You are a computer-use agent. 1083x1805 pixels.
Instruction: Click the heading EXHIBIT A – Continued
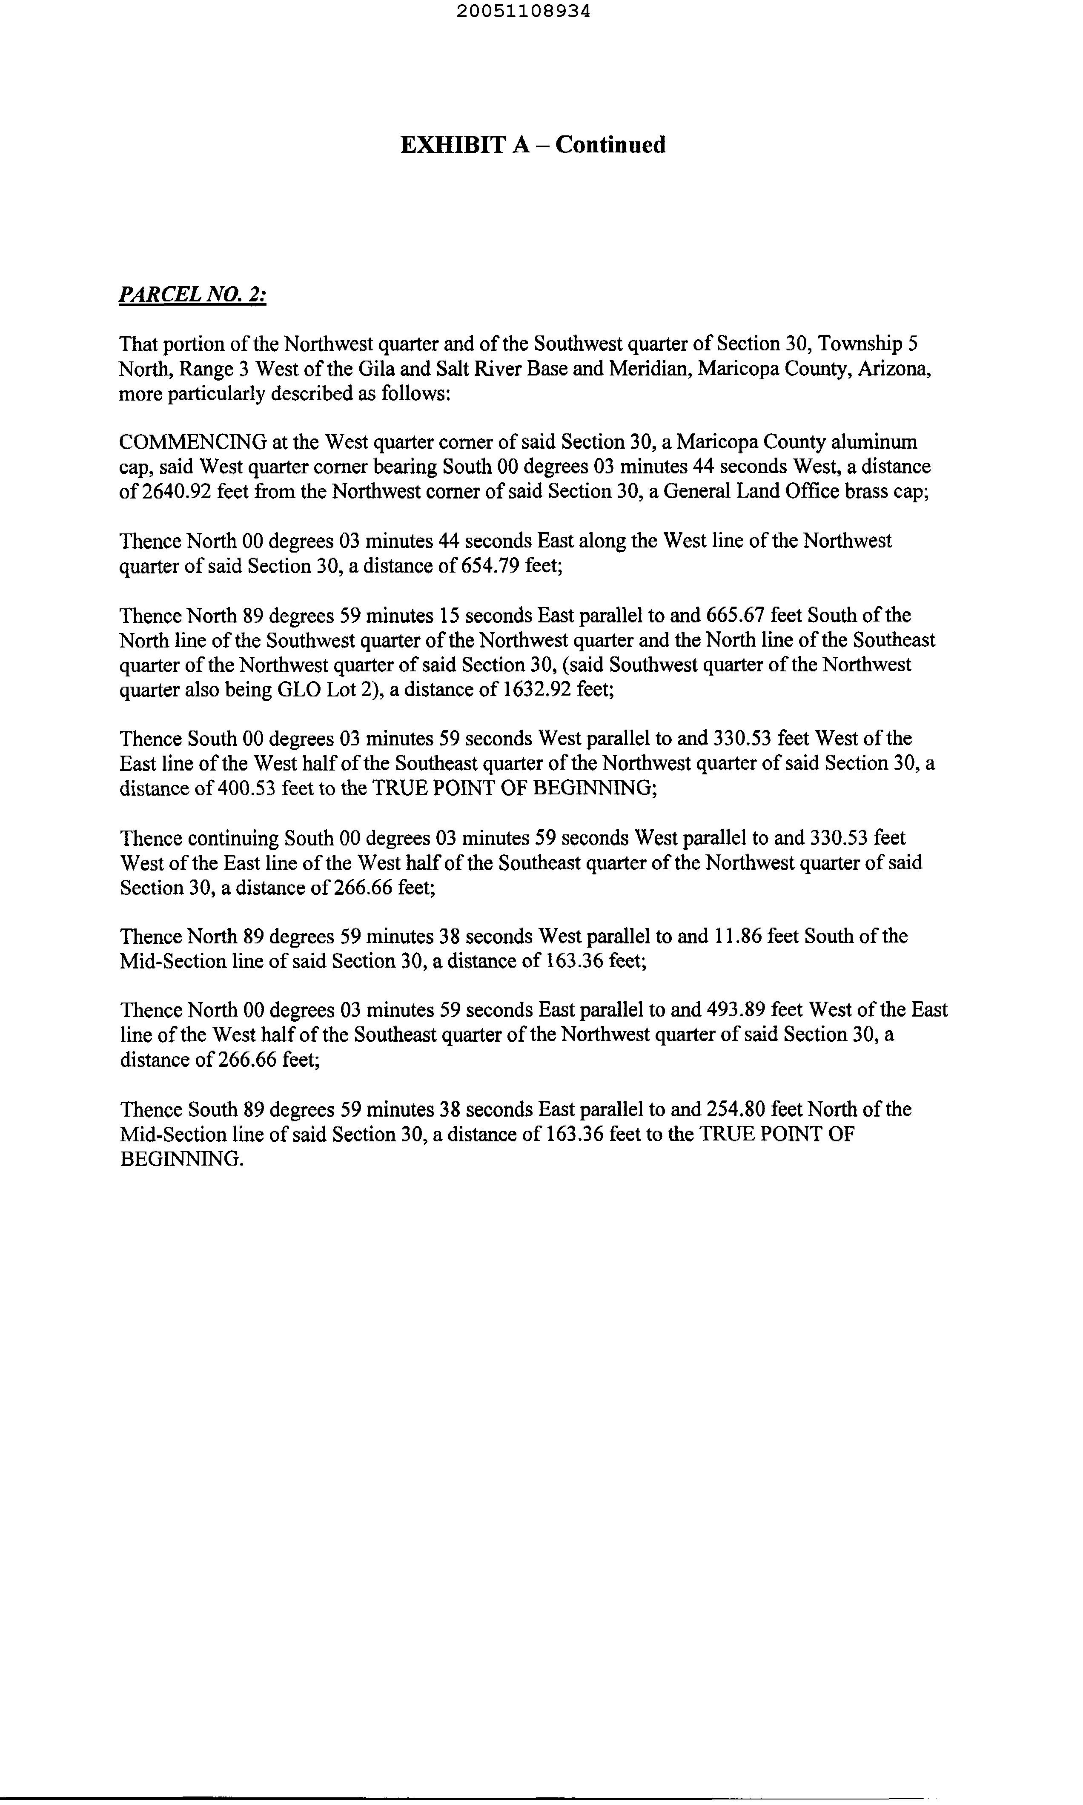pos(533,145)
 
